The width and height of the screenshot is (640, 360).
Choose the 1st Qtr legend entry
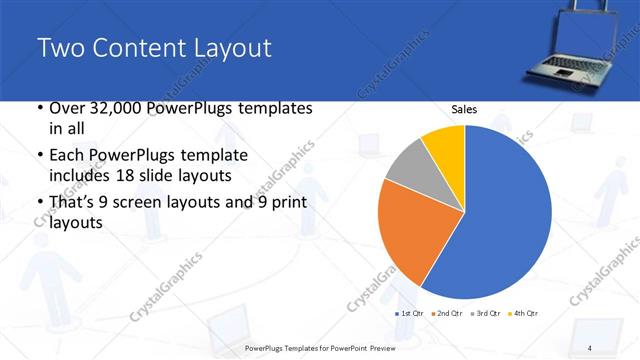coord(411,314)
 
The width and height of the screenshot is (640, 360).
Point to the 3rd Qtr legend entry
coord(486,314)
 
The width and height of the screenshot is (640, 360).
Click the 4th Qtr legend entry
coord(523,314)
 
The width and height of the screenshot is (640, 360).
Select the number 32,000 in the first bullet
coord(113,108)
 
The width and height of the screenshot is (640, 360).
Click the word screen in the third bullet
coord(155,203)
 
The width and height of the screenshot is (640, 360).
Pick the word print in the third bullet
coord(286,203)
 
